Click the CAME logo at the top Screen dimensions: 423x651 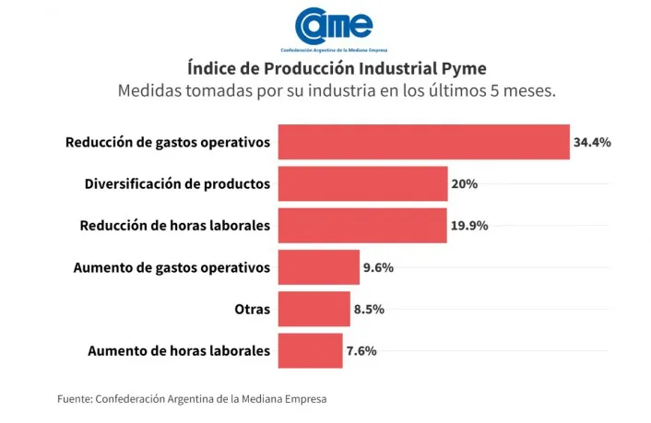tap(333, 29)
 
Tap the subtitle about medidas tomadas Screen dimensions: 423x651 tap(336, 92)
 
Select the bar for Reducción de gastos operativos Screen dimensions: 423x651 tap(423, 142)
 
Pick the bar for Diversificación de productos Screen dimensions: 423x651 tap(362, 183)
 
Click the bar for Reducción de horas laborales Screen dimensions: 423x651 tap(361, 226)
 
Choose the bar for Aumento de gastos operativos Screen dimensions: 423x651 tap(318, 267)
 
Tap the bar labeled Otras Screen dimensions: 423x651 tap(314, 309)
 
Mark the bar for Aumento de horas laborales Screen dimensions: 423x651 tap(310, 350)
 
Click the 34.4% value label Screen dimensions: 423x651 tap(592, 143)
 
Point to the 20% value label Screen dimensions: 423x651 tap(464, 184)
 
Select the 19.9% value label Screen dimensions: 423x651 tap(469, 226)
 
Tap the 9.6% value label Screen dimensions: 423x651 tap(379, 267)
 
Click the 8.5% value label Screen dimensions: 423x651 tap(369, 309)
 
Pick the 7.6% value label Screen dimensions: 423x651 tap(361, 350)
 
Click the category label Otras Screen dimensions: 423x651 tap(253, 309)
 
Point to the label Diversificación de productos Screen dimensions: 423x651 tap(177, 184)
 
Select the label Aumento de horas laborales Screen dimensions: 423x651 tap(179, 350)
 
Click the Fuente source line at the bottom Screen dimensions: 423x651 tap(192, 399)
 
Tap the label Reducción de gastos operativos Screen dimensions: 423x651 tap(168, 143)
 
